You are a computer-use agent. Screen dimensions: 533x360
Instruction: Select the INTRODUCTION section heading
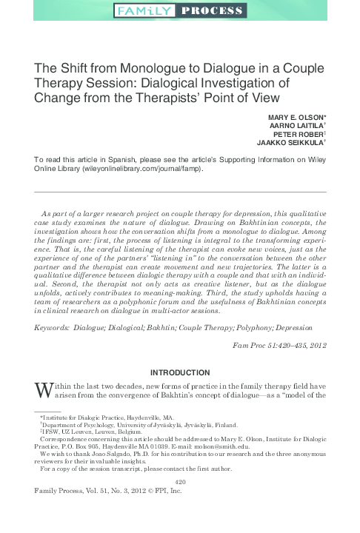click(179, 369)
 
